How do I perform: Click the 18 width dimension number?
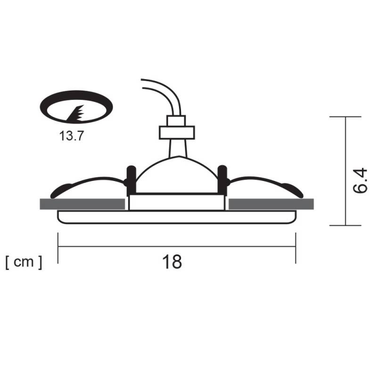[173, 262]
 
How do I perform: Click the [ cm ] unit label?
[24, 262]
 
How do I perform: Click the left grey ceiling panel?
[82, 204]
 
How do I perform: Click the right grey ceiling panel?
[271, 204]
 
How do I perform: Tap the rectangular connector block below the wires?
[176, 132]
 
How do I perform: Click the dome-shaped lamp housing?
[176, 177]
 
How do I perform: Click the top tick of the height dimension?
[345, 116]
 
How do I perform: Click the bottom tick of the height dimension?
[345, 225]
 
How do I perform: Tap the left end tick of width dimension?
[58, 247]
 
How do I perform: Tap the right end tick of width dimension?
[296, 247]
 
